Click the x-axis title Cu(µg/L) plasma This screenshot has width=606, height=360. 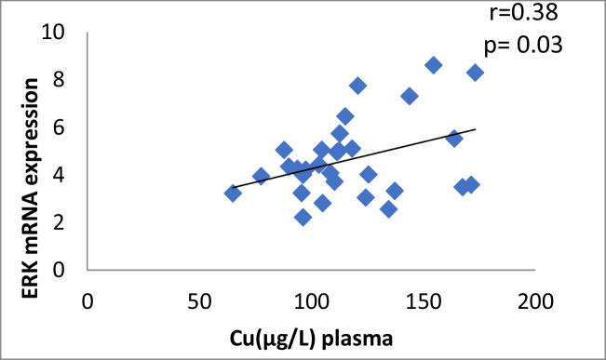point(311,339)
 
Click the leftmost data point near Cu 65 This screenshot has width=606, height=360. point(233,193)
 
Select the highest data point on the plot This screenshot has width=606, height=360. point(433,65)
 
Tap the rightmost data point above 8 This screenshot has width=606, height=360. point(475,73)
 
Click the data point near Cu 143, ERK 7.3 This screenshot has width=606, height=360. point(409,96)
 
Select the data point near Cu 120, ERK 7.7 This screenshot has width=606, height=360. point(357,86)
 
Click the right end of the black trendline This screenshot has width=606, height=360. point(476,129)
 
